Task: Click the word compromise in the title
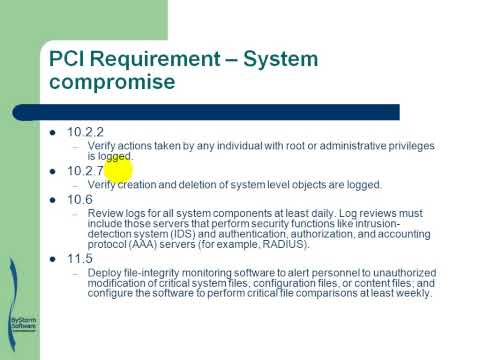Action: coord(113,82)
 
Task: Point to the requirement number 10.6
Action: coord(80,199)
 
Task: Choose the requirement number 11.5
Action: coord(80,258)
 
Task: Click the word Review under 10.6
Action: coord(106,213)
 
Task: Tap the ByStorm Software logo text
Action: coord(21,324)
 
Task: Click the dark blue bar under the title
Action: coord(220,112)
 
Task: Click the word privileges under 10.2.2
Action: coord(408,146)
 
